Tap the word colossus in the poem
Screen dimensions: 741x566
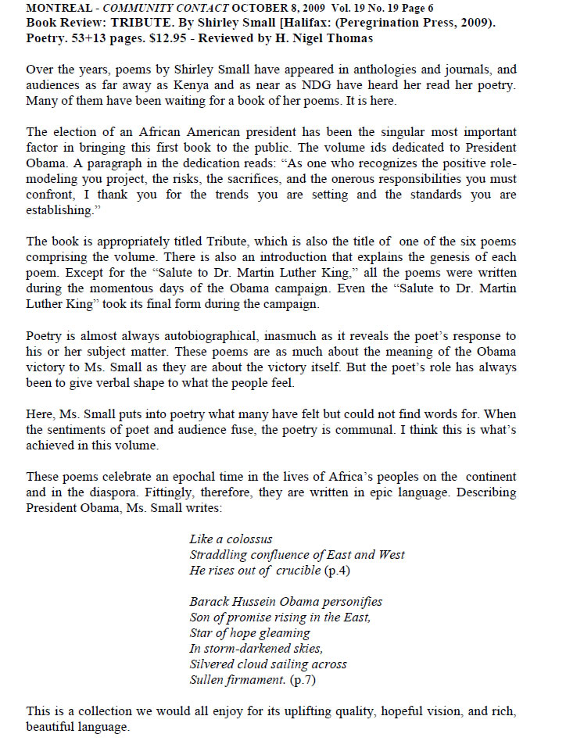coord(245,539)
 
